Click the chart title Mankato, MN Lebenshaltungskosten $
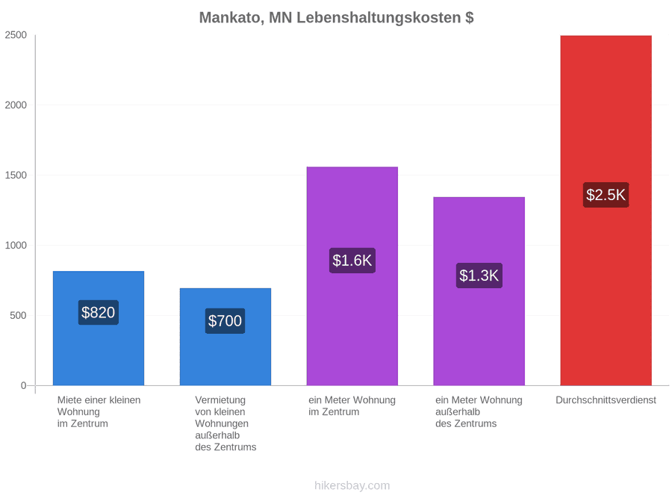coord(337,18)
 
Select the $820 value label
coord(98,312)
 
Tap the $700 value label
coord(225,320)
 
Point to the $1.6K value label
coord(352,260)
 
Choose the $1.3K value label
coord(479,275)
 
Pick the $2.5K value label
coord(606,195)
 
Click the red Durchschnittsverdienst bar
coord(606,211)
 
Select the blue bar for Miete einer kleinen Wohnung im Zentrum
coord(99,329)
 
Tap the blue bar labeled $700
coord(225,337)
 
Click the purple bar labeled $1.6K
coord(352,276)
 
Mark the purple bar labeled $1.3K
coord(479,291)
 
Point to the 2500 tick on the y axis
coord(16,35)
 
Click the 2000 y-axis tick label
coord(16,105)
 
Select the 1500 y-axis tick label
coord(16,175)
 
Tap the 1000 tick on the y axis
coord(16,245)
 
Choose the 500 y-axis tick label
coord(19,315)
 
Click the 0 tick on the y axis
coord(24,386)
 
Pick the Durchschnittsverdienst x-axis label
coord(606,400)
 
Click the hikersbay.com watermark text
coord(352,485)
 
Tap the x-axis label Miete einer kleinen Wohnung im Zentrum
coord(99,412)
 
